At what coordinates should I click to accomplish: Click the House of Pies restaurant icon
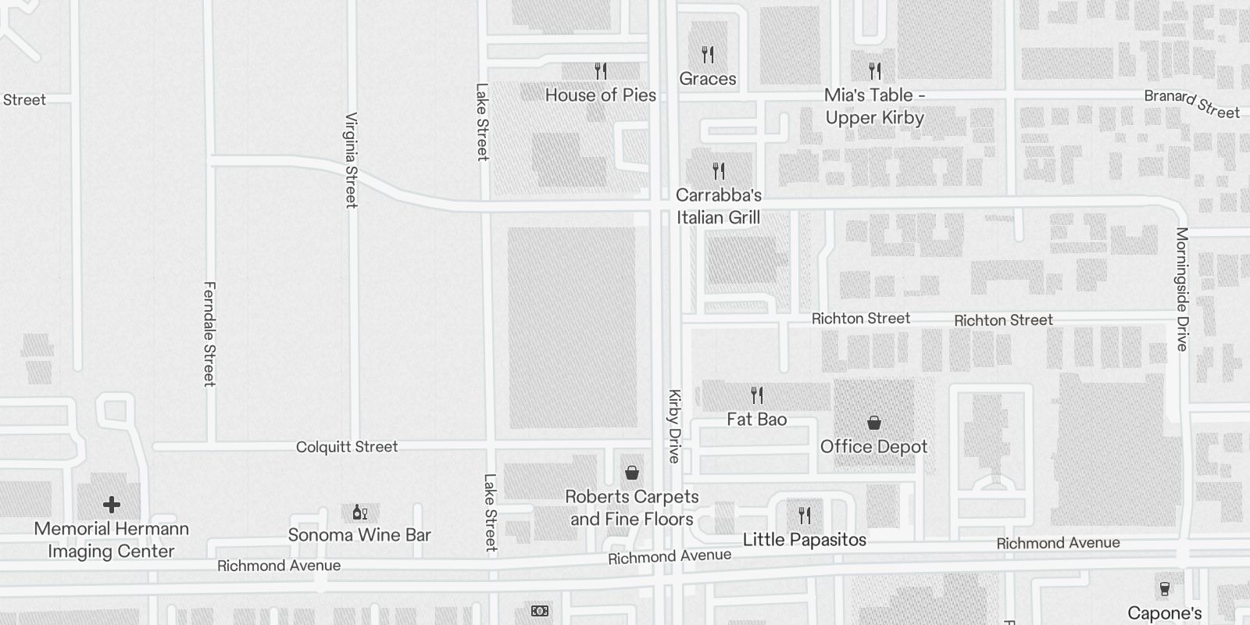point(601,72)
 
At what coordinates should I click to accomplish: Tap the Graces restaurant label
point(707,79)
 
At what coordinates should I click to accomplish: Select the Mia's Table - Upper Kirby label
point(874,106)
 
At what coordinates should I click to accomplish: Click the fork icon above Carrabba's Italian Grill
point(719,170)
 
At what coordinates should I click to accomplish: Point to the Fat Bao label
point(756,420)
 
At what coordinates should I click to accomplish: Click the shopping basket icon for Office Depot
point(874,423)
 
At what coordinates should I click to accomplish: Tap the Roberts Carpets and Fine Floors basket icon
point(632,473)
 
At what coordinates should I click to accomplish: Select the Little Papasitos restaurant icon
point(805,516)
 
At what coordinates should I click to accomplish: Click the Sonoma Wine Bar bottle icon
point(359,512)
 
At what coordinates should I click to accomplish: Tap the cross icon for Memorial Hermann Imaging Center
point(112,505)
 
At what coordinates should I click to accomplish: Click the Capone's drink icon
point(1165,589)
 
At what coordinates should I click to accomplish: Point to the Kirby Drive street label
point(674,426)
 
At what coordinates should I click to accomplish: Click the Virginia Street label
point(352,160)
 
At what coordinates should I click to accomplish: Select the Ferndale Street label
point(209,334)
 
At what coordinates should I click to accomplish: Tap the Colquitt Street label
point(347,447)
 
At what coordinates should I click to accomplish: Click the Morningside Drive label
point(1182,289)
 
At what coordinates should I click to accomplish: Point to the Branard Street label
point(1191,105)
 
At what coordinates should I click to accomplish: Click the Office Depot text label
point(873,447)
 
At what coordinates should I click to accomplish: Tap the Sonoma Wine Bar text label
point(359,535)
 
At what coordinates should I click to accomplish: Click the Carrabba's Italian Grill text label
point(718,206)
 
